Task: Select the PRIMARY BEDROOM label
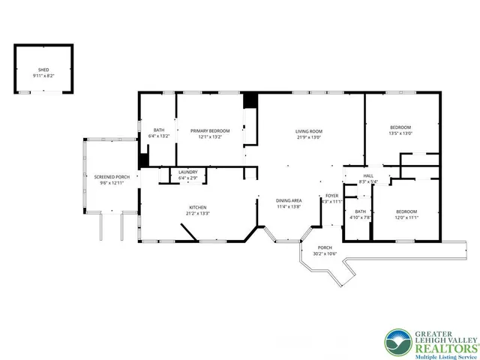click(210, 131)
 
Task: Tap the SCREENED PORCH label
click(112, 177)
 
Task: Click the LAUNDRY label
click(187, 172)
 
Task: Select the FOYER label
click(331, 196)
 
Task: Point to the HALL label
click(368, 176)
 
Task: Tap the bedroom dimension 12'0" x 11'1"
click(406, 217)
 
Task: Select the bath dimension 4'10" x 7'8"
click(361, 217)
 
